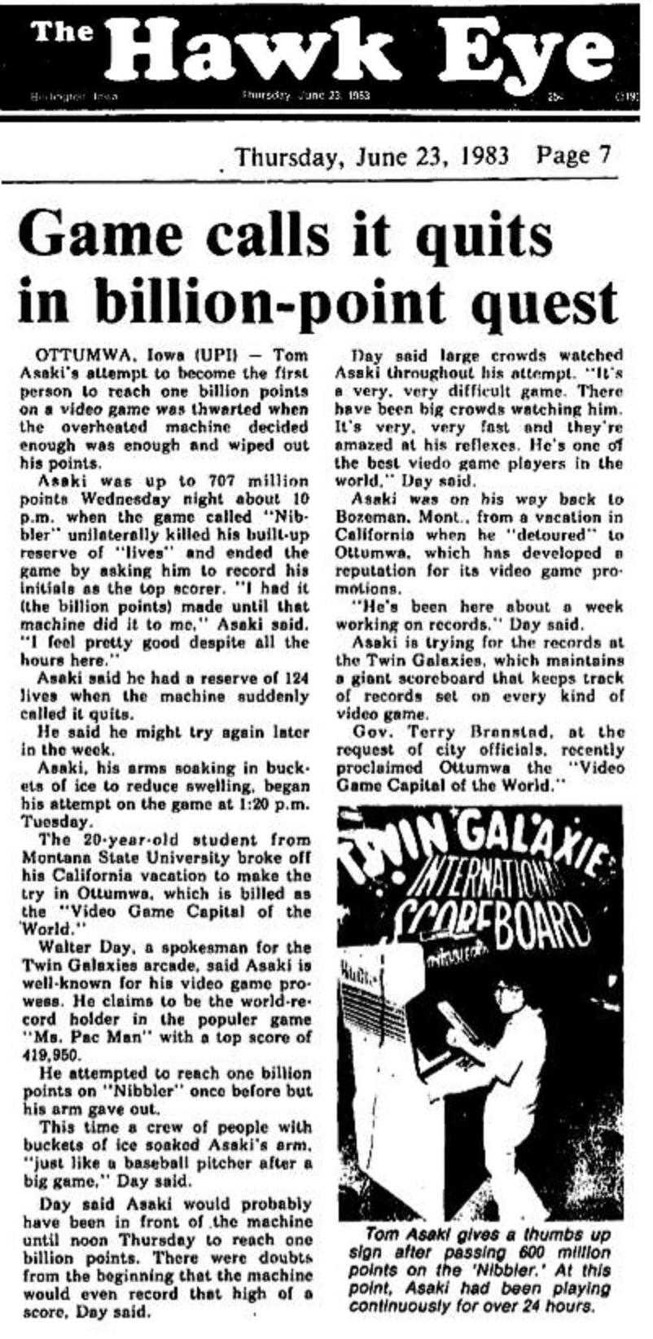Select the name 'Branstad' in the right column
click(x=496, y=733)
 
